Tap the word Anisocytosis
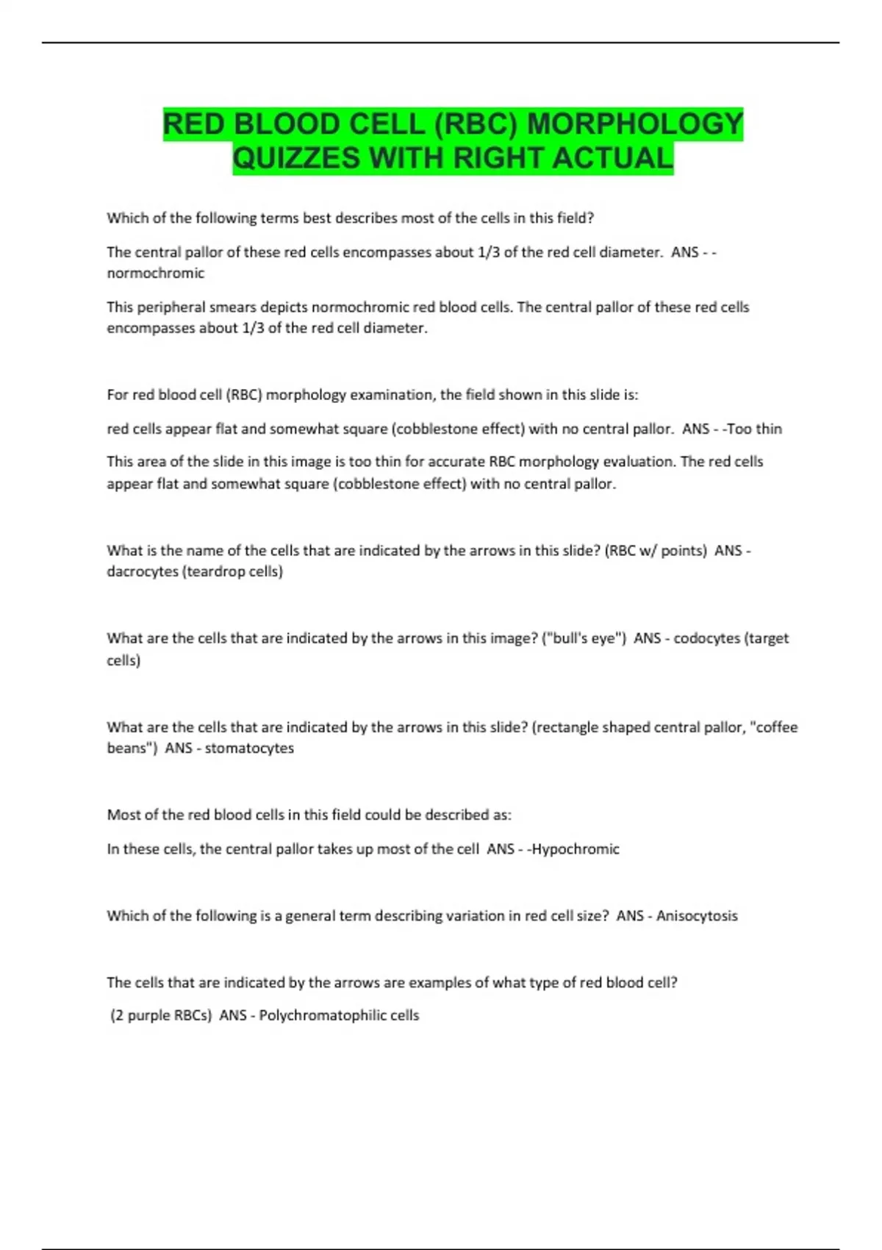point(697,916)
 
